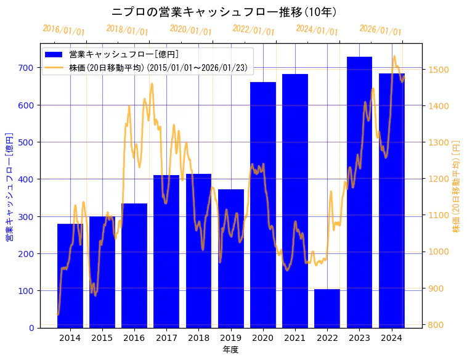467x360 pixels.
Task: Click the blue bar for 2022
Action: point(327,308)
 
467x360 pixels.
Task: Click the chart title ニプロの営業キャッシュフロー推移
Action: point(224,12)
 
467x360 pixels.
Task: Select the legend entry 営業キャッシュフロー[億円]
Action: point(124,55)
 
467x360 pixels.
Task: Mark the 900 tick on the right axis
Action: point(436,288)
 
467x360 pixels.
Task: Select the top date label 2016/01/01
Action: point(64,30)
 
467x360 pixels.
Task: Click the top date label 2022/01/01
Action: point(254,30)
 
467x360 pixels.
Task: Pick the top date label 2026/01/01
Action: point(380,30)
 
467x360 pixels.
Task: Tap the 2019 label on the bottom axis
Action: point(231,338)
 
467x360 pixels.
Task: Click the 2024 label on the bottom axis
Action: point(392,338)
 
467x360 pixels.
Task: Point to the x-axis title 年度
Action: point(231,350)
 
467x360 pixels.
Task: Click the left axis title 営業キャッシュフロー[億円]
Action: point(9,186)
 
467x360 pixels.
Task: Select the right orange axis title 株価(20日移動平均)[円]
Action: point(457,186)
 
